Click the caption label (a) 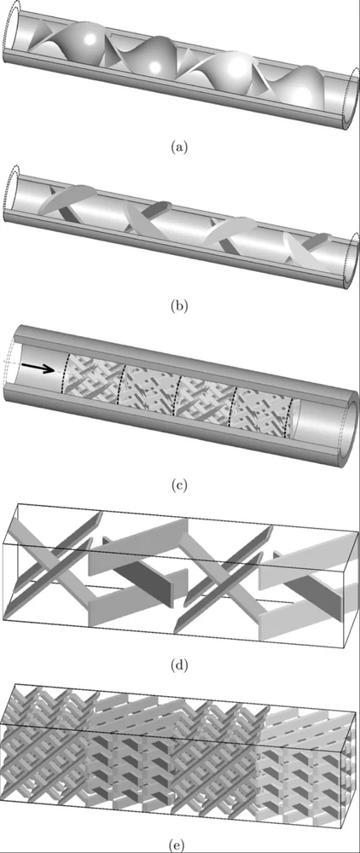tap(179, 147)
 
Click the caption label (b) tap(179, 305)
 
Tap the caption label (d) tap(179, 664)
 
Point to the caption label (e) tap(179, 844)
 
